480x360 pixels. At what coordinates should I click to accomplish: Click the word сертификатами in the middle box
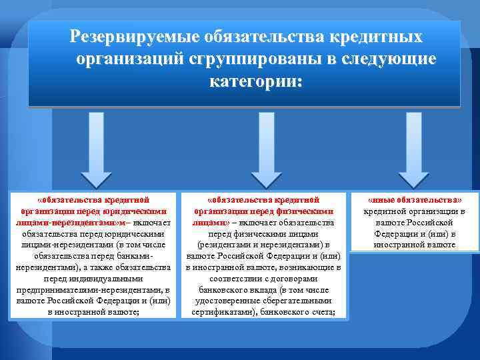pos(221,312)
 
